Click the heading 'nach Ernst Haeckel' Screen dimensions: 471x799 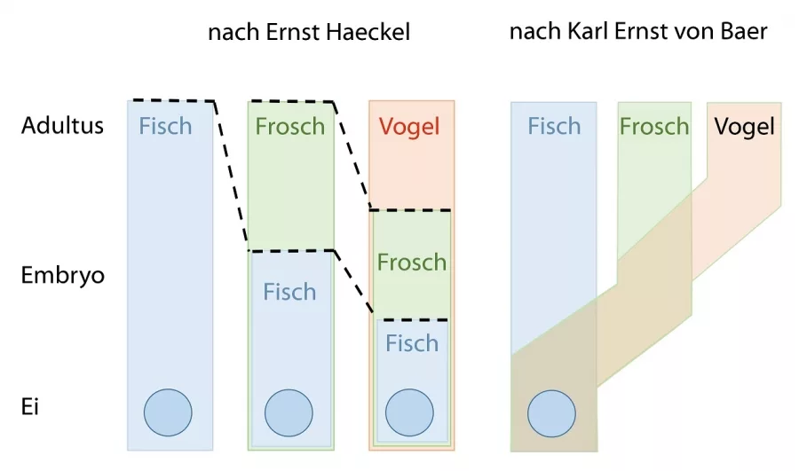coord(308,34)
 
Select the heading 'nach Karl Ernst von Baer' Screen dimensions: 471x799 coord(637,33)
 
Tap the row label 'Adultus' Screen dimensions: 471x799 coord(62,125)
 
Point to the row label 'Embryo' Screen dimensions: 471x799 coord(62,275)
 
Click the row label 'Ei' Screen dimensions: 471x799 coord(30,407)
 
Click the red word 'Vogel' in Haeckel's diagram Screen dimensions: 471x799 coord(409,126)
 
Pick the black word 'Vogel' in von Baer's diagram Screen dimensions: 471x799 coord(745,126)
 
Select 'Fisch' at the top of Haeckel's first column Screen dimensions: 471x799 coord(165,126)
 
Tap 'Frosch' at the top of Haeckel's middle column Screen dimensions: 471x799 coord(289,126)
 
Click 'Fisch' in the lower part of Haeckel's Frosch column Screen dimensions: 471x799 coord(289,292)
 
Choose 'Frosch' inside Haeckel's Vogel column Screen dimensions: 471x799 coord(411,262)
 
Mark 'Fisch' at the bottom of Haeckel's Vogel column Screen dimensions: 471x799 coord(411,343)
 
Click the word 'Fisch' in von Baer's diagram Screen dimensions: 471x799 coord(554,126)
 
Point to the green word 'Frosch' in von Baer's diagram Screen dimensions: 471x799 coord(654,126)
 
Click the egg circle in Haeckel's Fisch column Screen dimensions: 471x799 coord(168,412)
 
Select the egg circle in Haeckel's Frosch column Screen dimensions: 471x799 coord(289,412)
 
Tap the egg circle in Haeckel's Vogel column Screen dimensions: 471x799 coord(410,412)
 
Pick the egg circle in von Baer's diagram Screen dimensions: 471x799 coord(552,412)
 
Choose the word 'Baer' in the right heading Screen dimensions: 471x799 coord(744,33)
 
